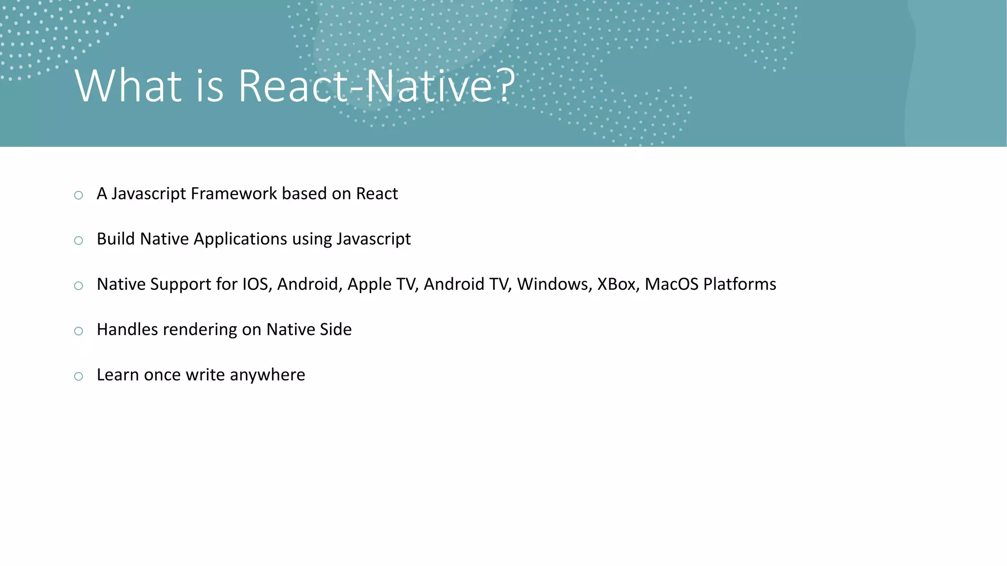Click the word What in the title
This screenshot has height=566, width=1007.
click(x=128, y=86)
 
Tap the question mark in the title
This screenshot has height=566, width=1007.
click(x=506, y=86)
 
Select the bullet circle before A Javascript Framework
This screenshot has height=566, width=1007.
click(x=79, y=196)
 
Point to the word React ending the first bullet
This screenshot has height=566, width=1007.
click(x=377, y=194)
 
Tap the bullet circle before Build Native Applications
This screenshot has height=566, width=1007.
click(x=79, y=241)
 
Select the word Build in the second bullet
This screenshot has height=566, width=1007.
click(x=116, y=239)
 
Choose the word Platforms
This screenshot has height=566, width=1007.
click(x=740, y=284)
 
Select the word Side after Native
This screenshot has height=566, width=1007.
click(x=335, y=330)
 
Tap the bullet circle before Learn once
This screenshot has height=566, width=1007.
click(x=79, y=377)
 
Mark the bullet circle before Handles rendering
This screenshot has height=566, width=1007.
click(x=79, y=331)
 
